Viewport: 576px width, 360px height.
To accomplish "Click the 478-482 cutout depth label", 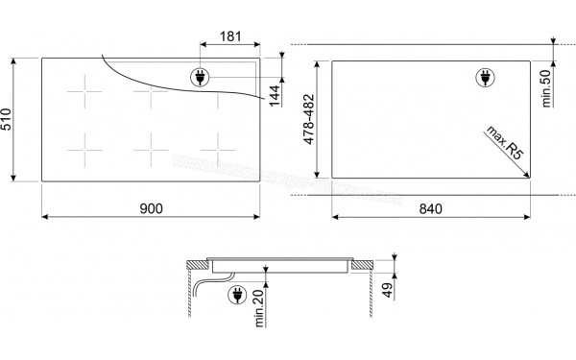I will click(x=309, y=119).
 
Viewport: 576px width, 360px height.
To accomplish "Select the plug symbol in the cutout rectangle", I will click(x=486, y=79).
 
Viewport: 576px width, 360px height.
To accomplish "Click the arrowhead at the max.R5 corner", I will click(x=529, y=174).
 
